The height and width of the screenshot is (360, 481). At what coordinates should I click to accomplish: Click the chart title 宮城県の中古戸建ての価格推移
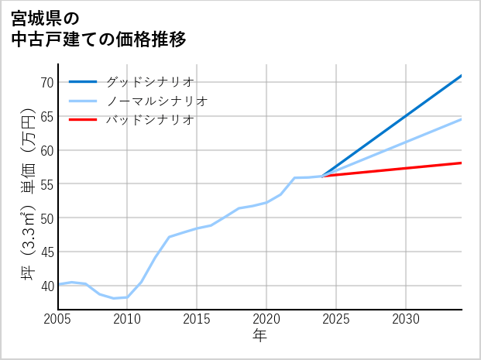[x=99, y=28]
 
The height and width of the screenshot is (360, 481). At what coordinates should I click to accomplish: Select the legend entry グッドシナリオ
[x=149, y=81]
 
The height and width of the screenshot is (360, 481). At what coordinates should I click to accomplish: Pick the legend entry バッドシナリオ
[x=149, y=120]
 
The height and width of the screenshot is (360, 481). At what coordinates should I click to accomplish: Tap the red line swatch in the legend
[x=83, y=120]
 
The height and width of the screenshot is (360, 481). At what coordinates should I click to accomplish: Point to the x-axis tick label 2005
[x=58, y=319]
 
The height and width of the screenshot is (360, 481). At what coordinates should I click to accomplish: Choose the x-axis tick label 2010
[x=127, y=319]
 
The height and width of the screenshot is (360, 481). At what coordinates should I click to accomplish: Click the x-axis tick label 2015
[x=197, y=319]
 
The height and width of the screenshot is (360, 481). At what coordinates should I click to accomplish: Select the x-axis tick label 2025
[x=336, y=319]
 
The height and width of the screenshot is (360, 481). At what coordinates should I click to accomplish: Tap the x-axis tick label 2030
[x=406, y=319]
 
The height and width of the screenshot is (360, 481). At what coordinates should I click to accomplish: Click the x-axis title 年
[x=259, y=336]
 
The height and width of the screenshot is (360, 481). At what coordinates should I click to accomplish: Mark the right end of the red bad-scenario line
[x=461, y=163]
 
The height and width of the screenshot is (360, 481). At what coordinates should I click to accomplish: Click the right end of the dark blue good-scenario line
[x=461, y=76]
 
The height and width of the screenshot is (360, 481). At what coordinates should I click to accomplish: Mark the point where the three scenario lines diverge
[x=322, y=177]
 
